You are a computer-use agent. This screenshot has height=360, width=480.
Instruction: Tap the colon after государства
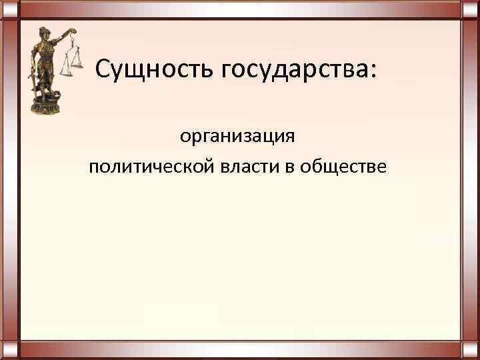[372, 69]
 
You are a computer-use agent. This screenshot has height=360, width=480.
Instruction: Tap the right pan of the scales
[79, 64]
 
